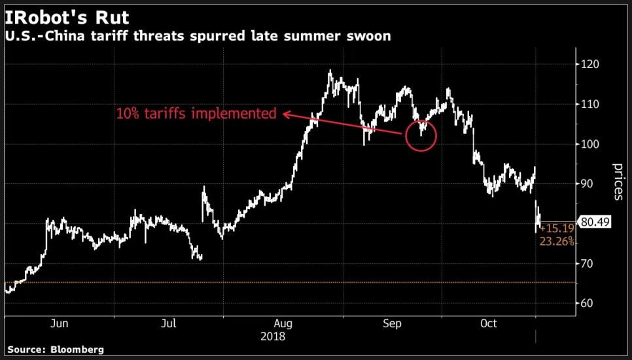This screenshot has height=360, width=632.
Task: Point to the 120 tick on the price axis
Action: point(591,65)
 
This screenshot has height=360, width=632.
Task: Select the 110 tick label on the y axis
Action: point(591,105)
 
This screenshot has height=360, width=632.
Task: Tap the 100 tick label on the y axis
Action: point(591,145)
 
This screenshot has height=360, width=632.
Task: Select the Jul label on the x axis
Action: point(169,324)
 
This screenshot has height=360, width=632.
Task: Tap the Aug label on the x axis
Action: point(283,324)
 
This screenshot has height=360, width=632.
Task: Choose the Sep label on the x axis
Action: point(392,324)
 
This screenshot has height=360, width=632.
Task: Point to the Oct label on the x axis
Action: point(489,324)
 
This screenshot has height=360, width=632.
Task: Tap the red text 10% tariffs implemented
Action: point(196,113)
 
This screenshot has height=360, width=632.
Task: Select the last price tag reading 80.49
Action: point(595,223)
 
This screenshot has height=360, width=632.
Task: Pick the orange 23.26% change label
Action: point(557,242)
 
